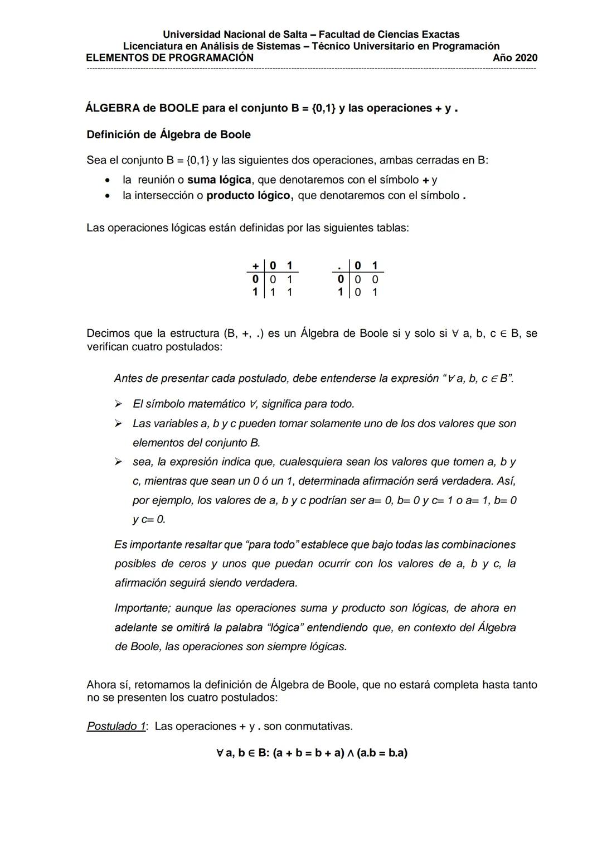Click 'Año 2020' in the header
[515, 58]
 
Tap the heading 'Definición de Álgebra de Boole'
[168, 134]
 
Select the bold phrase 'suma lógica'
[219, 180]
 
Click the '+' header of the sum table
[255, 265]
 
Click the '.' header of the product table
[339, 266]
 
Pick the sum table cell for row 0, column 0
[272, 279]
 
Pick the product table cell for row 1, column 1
[375, 292]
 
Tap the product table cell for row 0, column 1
[375, 279]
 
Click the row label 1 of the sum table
[255, 292]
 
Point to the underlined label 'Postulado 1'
[116, 726]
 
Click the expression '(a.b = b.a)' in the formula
[382, 753]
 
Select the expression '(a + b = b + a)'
[308, 753]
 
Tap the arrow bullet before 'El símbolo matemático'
[118, 404]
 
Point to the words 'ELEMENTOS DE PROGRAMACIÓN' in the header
[169, 58]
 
